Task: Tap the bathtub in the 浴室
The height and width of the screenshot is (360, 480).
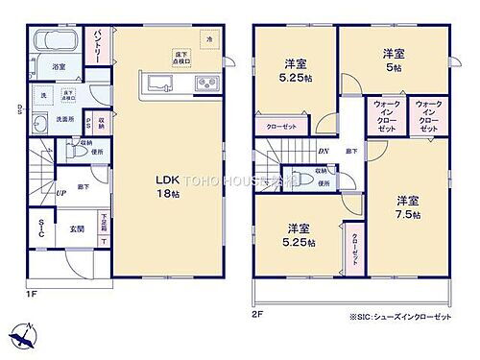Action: (x=49, y=44)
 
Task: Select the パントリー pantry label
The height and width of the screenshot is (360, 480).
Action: (x=99, y=44)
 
